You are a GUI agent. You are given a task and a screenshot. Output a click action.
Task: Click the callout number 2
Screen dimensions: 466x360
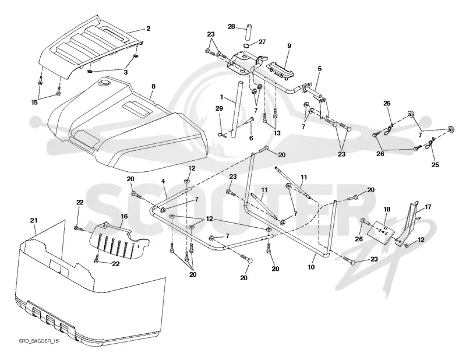[x=149, y=29]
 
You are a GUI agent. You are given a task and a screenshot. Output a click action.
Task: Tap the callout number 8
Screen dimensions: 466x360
[x=153, y=87]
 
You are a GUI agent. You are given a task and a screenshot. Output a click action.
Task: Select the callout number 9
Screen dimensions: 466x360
[x=289, y=46]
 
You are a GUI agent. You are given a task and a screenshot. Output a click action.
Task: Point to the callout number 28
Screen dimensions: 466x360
[x=231, y=27]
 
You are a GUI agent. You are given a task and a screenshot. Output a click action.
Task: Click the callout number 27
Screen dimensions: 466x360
[x=262, y=42]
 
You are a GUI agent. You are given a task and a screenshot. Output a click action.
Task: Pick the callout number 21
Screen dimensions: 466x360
[x=34, y=220]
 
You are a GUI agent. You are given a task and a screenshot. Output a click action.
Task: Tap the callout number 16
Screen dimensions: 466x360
[x=124, y=216]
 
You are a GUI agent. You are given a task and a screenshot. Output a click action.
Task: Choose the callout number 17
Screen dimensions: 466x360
[x=428, y=207]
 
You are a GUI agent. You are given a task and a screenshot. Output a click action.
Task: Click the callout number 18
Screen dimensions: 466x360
[x=387, y=209]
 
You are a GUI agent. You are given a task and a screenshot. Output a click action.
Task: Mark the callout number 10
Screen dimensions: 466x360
[x=311, y=267]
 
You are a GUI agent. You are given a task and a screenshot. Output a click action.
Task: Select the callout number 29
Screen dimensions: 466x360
[x=219, y=108]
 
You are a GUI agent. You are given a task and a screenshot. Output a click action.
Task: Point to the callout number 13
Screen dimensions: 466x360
[x=277, y=133]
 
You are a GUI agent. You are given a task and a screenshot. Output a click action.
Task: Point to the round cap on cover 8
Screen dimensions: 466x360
[x=105, y=83]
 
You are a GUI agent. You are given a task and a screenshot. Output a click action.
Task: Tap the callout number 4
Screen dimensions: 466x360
[x=163, y=180]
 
